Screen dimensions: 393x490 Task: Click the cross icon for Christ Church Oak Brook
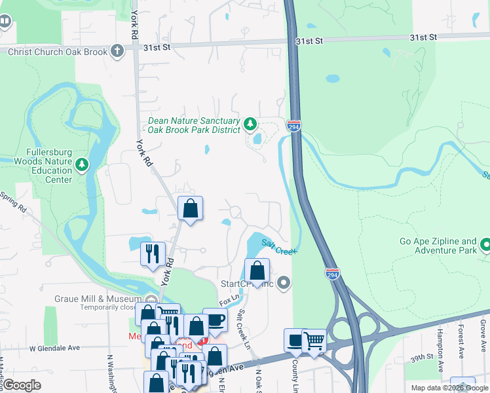pyautogui.click(x=117, y=51)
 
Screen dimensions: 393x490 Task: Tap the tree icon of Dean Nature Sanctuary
pyautogui.click(x=250, y=124)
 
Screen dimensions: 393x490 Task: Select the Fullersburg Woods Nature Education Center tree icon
pyautogui.click(x=82, y=164)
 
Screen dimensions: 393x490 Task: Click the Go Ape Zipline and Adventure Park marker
pyautogui.click(x=485, y=246)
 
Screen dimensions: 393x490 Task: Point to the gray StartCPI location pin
pyautogui.click(x=283, y=284)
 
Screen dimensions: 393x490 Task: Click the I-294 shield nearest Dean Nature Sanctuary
pyautogui.click(x=294, y=125)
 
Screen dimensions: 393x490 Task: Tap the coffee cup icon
pyautogui.click(x=215, y=321)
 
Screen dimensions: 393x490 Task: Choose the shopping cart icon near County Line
pyautogui.click(x=314, y=341)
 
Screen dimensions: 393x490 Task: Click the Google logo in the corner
pyautogui.click(x=22, y=385)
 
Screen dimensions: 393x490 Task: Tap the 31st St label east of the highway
pyautogui.click(x=309, y=41)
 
